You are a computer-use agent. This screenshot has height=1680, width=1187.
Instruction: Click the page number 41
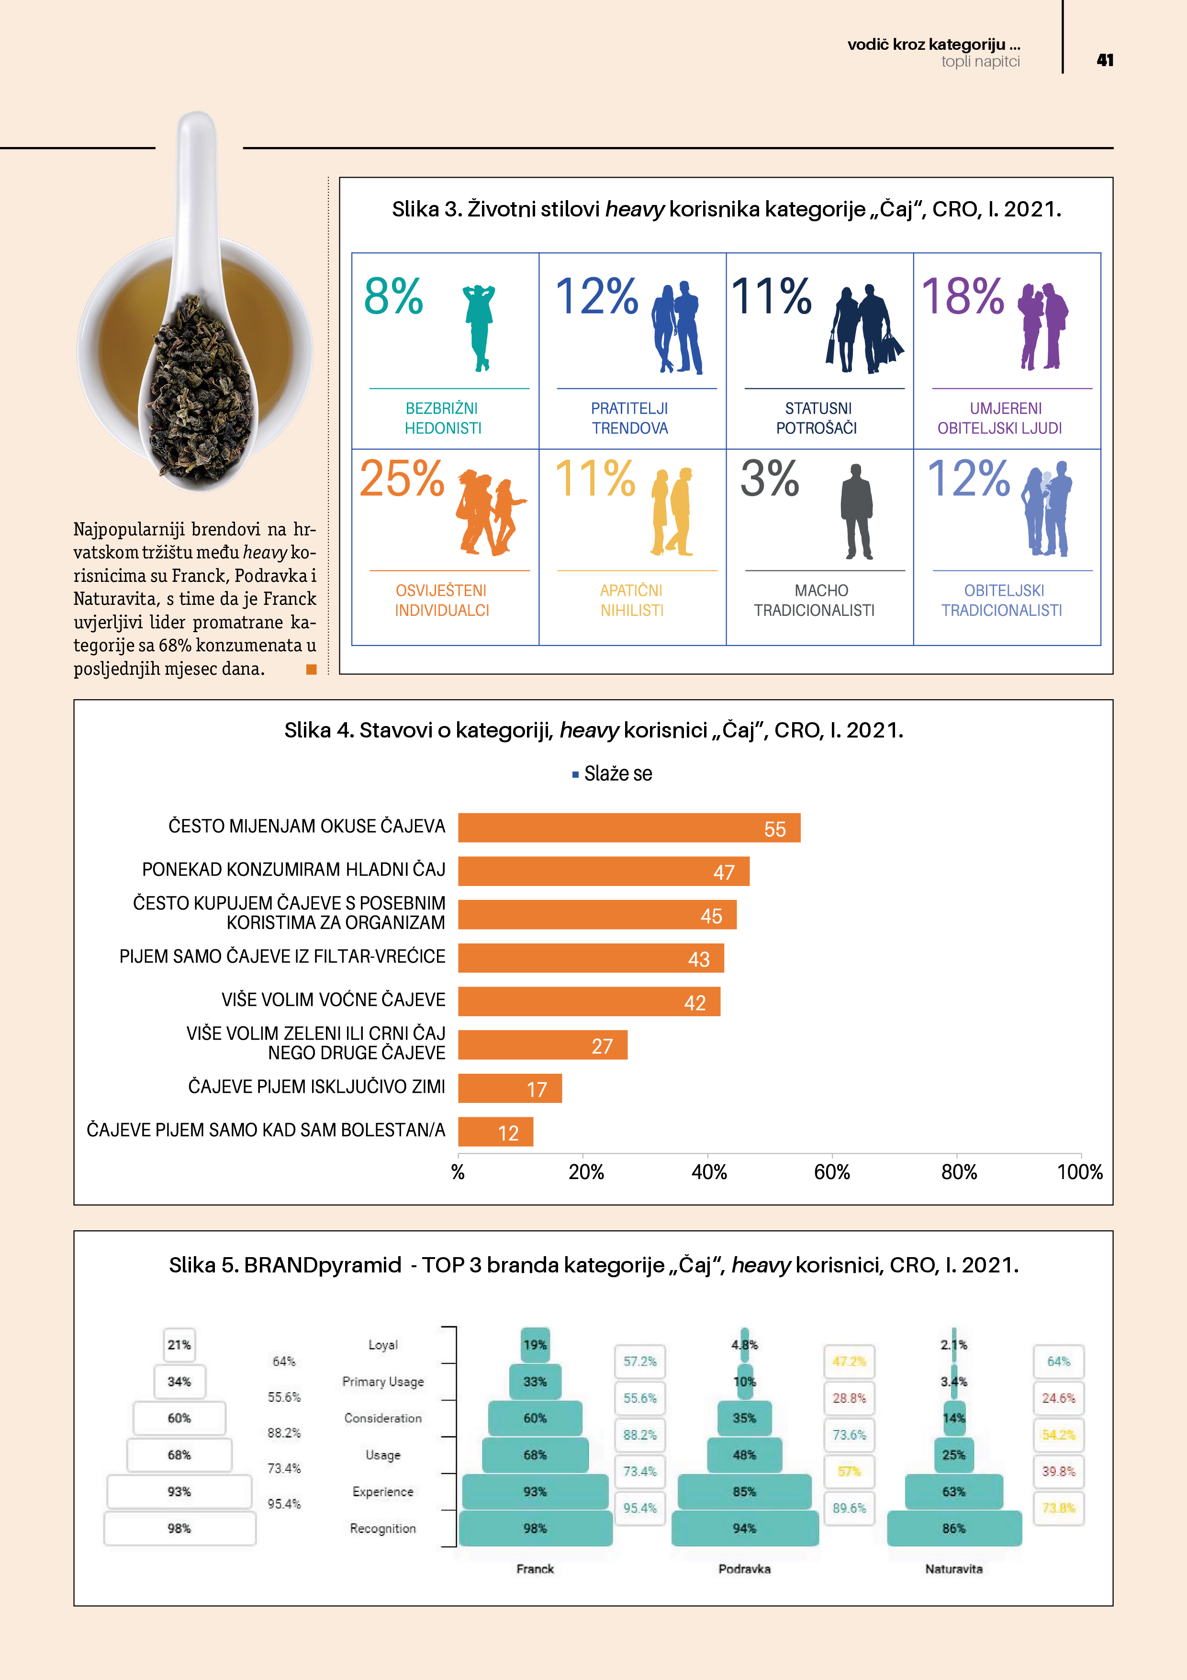click(x=1104, y=60)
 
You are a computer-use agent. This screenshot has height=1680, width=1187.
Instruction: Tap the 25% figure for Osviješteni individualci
click(x=402, y=479)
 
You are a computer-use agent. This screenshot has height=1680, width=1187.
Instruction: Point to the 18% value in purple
click(x=963, y=297)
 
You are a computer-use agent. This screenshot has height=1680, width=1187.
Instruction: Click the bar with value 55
click(x=629, y=828)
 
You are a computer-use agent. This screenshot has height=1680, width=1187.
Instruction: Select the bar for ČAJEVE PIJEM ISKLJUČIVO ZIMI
click(x=510, y=1088)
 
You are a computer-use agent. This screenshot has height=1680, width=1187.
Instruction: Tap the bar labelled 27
click(x=543, y=1045)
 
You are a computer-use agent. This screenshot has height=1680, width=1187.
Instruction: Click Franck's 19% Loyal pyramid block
click(x=535, y=1345)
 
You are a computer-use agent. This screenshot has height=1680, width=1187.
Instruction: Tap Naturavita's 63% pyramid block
click(x=954, y=1491)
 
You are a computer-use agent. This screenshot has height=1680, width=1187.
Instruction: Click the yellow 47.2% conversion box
click(x=849, y=1362)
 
